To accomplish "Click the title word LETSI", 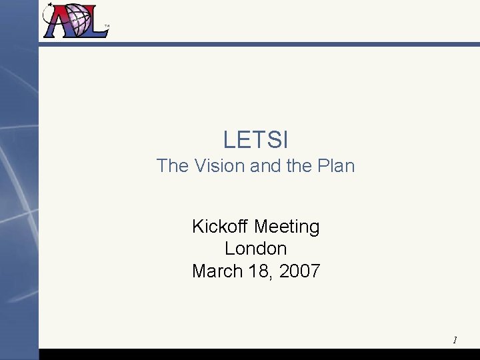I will pyautogui.click(x=255, y=140).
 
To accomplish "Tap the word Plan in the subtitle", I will pyautogui.click(x=334, y=165).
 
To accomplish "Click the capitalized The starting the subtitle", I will pyautogui.click(x=171, y=165).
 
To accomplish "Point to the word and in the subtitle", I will pyautogui.click(x=264, y=165).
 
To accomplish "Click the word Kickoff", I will pyautogui.click(x=220, y=227).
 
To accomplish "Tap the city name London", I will pyautogui.click(x=255, y=249).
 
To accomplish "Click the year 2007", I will pyautogui.click(x=300, y=271).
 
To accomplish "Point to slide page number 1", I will pyautogui.click(x=455, y=340).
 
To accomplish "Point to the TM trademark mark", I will pyautogui.click(x=107, y=27).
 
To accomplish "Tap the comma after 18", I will pyautogui.click(x=273, y=277).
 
